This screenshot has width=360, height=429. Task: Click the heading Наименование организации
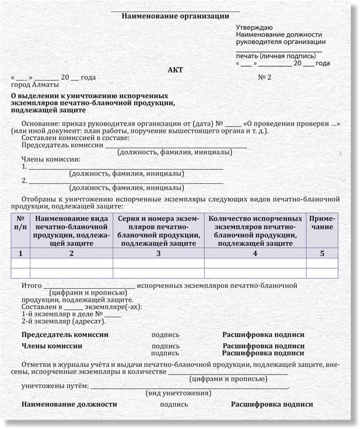tap(175, 16)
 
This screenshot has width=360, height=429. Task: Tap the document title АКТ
tap(175, 70)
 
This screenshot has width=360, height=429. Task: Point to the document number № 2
tap(264, 77)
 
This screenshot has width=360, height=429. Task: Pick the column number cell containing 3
tap(158, 253)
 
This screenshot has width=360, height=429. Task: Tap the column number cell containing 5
tap(322, 253)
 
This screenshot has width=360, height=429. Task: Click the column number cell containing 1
tap(20, 253)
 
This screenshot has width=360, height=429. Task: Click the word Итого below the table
tap(32, 285)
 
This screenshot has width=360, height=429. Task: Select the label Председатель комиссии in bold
tap(65, 335)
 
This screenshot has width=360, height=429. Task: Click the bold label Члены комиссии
tap(52, 345)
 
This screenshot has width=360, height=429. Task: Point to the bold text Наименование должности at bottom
tap(69, 404)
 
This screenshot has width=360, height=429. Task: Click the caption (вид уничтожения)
tap(178, 393)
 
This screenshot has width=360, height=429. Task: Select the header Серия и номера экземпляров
tap(158, 230)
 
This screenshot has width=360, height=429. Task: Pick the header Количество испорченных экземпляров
tap(255, 230)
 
